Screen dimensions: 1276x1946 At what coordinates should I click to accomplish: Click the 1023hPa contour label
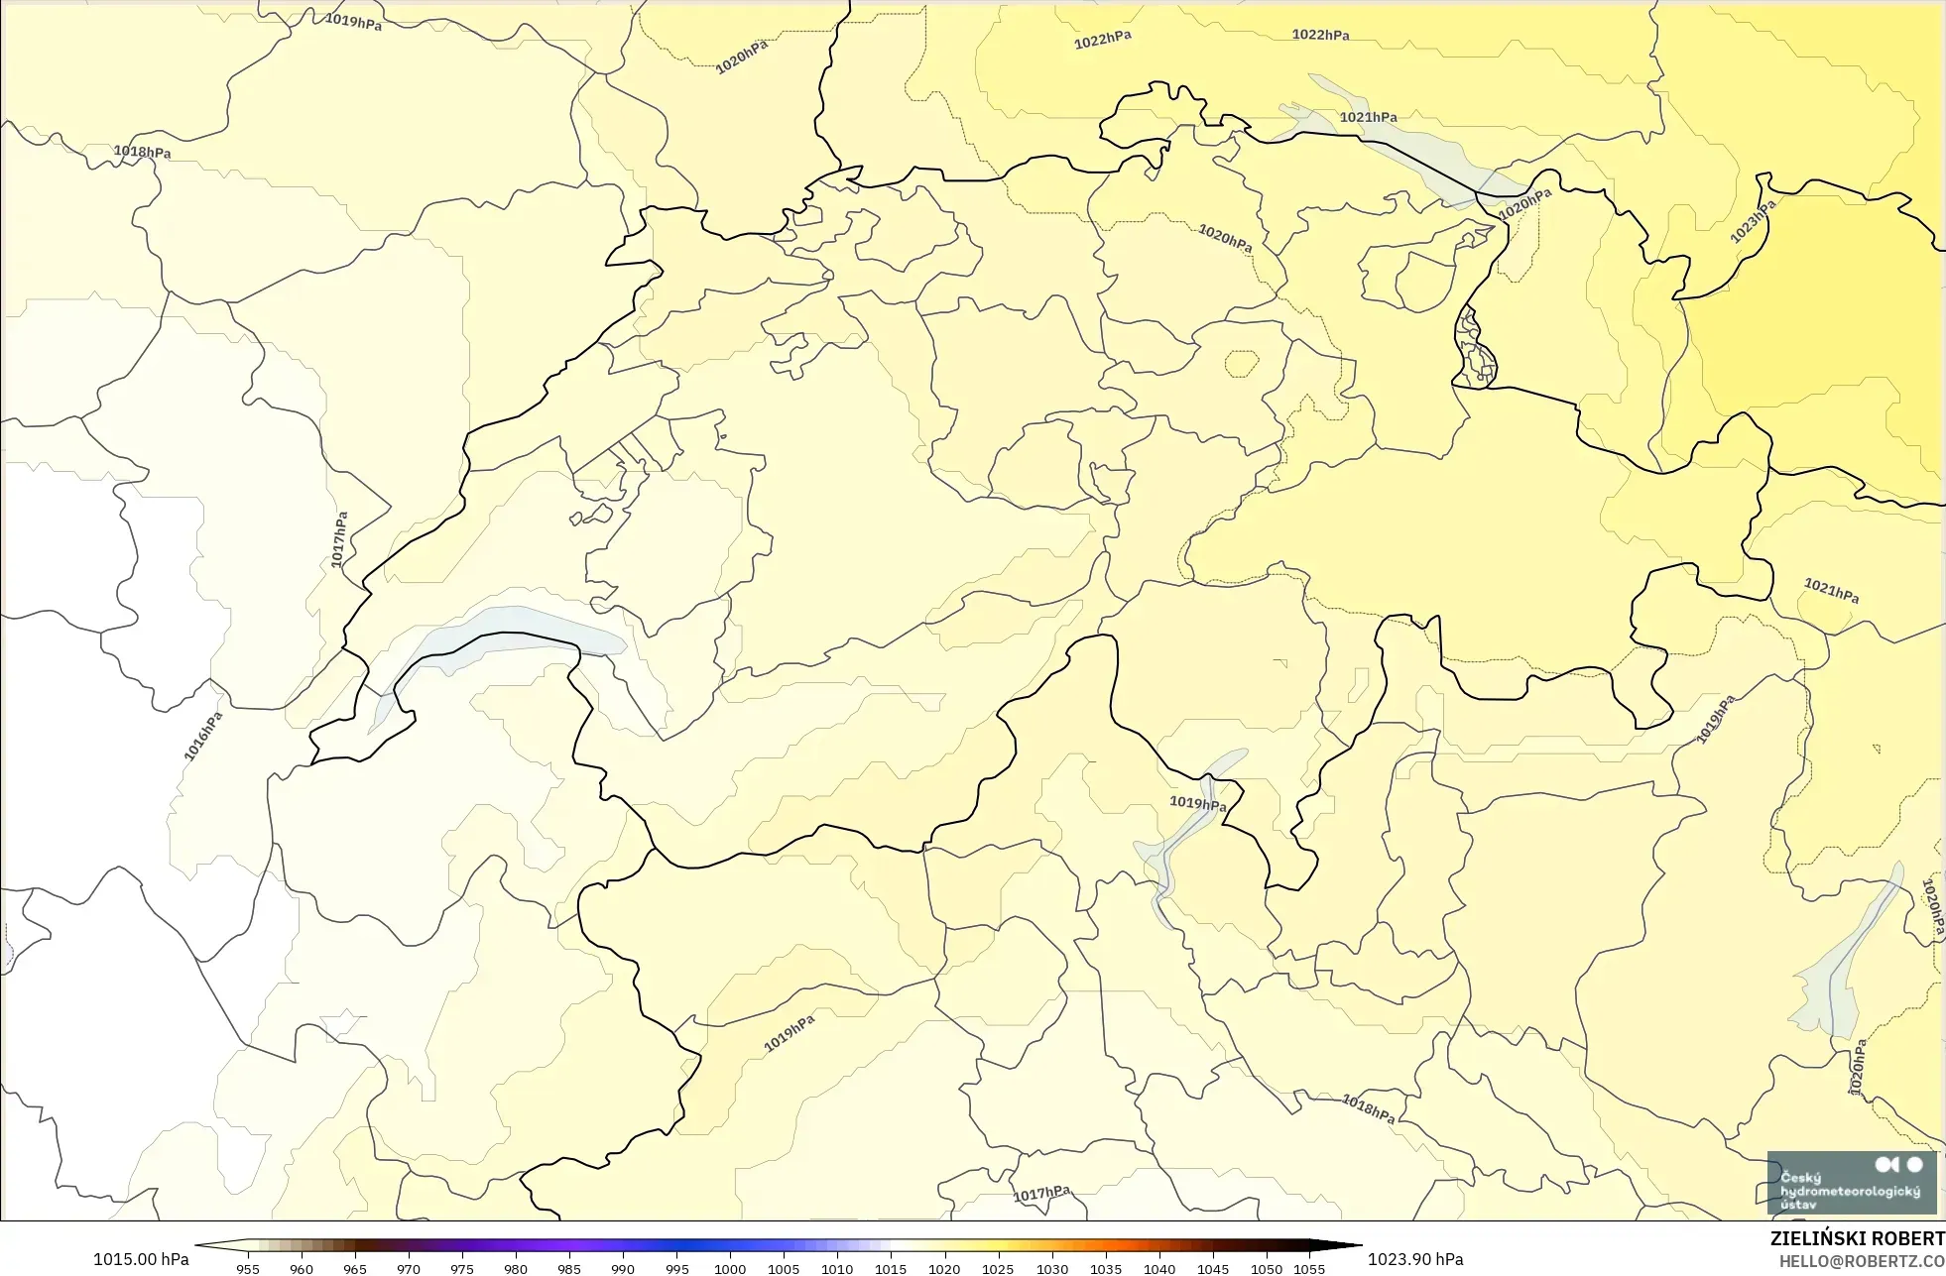[x=1753, y=221]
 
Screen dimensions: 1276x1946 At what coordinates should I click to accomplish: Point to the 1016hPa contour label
[x=203, y=737]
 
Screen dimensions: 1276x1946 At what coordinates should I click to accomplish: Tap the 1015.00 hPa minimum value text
[x=141, y=1259]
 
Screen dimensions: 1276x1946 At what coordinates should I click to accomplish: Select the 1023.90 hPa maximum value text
[x=1415, y=1259]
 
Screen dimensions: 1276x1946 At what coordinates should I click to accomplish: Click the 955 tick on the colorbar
[x=248, y=1268]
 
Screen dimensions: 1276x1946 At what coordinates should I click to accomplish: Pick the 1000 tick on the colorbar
[x=730, y=1268]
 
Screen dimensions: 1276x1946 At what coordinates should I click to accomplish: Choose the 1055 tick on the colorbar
[x=1309, y=1268]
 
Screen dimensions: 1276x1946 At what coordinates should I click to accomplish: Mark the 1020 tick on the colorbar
[x=944, y=1268]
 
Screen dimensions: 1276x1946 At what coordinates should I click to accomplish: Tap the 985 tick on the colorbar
[x=569, y=1268]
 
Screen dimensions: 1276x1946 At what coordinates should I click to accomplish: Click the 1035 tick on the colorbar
[x=1106, y=1268]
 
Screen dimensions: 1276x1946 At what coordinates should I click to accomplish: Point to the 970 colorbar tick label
[x=409, y=1268]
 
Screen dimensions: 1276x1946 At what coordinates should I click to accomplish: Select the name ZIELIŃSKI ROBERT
[x=1857, y=1238]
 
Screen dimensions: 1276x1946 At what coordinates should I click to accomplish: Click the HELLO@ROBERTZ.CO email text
[x=1861, y=1261]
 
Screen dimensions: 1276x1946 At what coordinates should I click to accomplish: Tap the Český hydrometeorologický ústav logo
[x=1851, y=1183]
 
